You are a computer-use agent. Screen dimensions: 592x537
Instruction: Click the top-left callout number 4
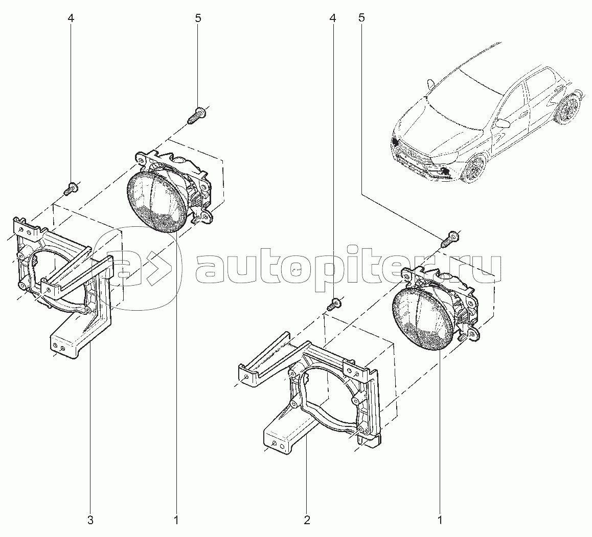[x=71, y=18]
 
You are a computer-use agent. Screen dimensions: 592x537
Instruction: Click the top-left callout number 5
[x=198, y=18]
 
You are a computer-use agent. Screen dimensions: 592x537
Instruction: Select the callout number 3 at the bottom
[x=90, y=520]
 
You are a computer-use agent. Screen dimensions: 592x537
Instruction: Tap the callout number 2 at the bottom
[x=307, y=520]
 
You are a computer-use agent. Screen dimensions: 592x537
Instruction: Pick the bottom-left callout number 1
[x=176, y=520]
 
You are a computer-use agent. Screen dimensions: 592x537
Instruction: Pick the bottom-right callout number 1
[x=440, y=520]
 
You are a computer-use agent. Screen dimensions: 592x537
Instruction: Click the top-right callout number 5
[x=362, y=18]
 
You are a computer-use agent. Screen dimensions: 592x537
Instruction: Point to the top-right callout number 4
[x=333, y=18]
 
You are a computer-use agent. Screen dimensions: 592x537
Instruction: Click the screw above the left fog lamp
[x=197, y=115]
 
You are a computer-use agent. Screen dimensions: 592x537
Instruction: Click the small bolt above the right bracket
[x=334, y=304]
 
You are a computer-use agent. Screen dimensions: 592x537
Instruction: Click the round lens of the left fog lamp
[x=156, y=199]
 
